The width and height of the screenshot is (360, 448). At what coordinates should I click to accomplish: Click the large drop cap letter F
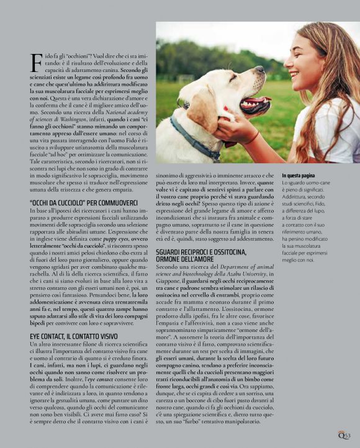coord(36,63)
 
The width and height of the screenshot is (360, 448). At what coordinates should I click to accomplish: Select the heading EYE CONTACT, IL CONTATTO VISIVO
coord(74,336)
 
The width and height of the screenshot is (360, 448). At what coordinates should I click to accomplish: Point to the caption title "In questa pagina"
coord(300,176)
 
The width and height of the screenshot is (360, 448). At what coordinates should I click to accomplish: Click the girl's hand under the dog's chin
coord(236,127)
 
